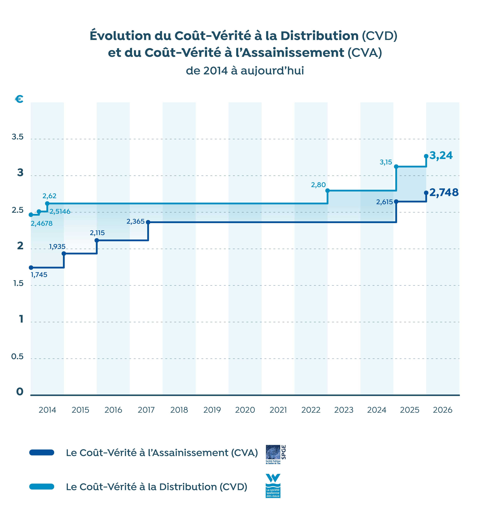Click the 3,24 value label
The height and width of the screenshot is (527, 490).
click(x=441, y=156)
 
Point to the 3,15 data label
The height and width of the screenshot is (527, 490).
click(x=386, y=162)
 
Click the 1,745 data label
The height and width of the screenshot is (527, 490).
click(x=39, y=275)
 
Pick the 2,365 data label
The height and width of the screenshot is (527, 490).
click(x=135, y=221)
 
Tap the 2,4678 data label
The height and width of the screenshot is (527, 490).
click(x=42, y=224)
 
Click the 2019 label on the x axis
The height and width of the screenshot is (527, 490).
click(x=212, y=410)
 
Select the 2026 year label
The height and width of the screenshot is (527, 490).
click(x=443, y=410)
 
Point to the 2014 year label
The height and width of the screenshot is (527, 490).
click(x=47, y=410)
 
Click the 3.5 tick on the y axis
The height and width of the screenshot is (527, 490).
click(x=18, y=137)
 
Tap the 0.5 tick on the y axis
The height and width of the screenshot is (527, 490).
click(x=18, y=357)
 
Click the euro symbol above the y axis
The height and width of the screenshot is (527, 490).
click(x=19, y=99)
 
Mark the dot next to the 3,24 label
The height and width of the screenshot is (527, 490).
click(x=426, y=156)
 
